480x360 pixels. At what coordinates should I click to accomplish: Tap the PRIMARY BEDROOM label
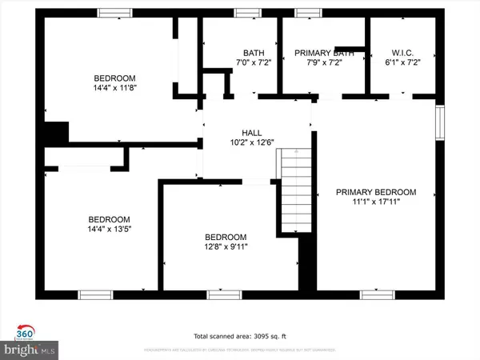pos(376,192)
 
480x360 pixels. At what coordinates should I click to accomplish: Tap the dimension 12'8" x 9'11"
pos(226,247)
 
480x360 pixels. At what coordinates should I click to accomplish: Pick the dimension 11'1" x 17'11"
pos(376,202)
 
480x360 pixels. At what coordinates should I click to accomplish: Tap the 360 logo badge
pos(25,333)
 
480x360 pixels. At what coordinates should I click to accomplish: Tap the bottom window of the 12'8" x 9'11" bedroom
pos(225,294)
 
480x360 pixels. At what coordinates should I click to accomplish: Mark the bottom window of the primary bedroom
pos(376,294)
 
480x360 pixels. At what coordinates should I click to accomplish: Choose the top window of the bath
pos(246,13)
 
